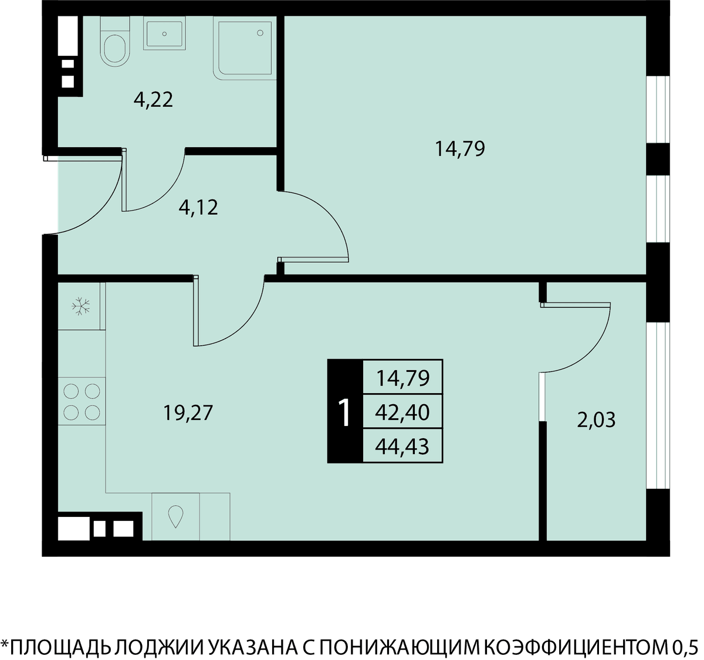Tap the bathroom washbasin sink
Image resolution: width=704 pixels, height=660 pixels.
point(164,33)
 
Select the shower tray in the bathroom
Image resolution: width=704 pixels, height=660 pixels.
point(245,48)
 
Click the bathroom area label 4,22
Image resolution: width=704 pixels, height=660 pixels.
point(153,100)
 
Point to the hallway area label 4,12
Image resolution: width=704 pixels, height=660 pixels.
point(198,208)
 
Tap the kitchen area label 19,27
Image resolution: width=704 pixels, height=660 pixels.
point(188,413)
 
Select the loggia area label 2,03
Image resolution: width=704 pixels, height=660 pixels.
point(596,420)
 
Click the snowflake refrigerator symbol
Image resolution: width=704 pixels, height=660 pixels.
point(81,306)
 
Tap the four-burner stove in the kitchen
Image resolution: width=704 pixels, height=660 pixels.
point(82,401)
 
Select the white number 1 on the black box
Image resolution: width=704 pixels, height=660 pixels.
point(344,413)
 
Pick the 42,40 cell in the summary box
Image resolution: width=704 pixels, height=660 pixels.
point(402,412)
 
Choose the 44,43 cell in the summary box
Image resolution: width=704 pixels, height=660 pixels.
point(402,446)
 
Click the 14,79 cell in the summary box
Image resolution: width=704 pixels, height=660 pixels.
point(402,378)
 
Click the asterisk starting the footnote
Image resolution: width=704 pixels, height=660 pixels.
point(5,644)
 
